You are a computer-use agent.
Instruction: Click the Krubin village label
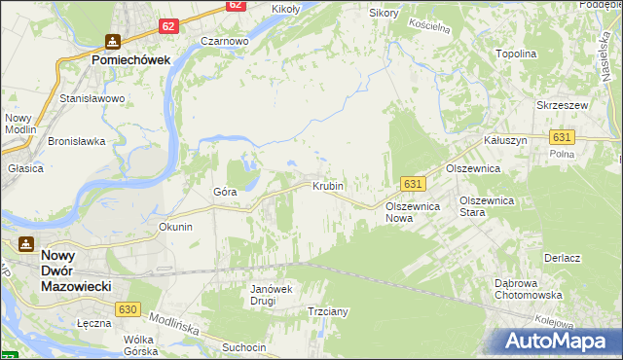click(328, 185)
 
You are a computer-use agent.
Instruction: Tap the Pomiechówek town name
click(131, 59)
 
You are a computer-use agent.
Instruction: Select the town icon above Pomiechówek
click(113, 42)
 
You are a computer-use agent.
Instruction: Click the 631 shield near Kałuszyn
click(561, 138)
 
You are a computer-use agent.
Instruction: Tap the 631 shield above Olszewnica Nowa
click(413, 184)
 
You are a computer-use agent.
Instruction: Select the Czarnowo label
click(225, 42)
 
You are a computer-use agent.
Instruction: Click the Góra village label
click(225, 192)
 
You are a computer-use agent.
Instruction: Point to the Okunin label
click(176, 227)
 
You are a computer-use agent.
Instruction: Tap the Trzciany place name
click(328, 311)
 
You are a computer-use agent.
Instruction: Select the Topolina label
click(517, 54)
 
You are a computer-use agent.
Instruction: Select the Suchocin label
click(243, 346)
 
